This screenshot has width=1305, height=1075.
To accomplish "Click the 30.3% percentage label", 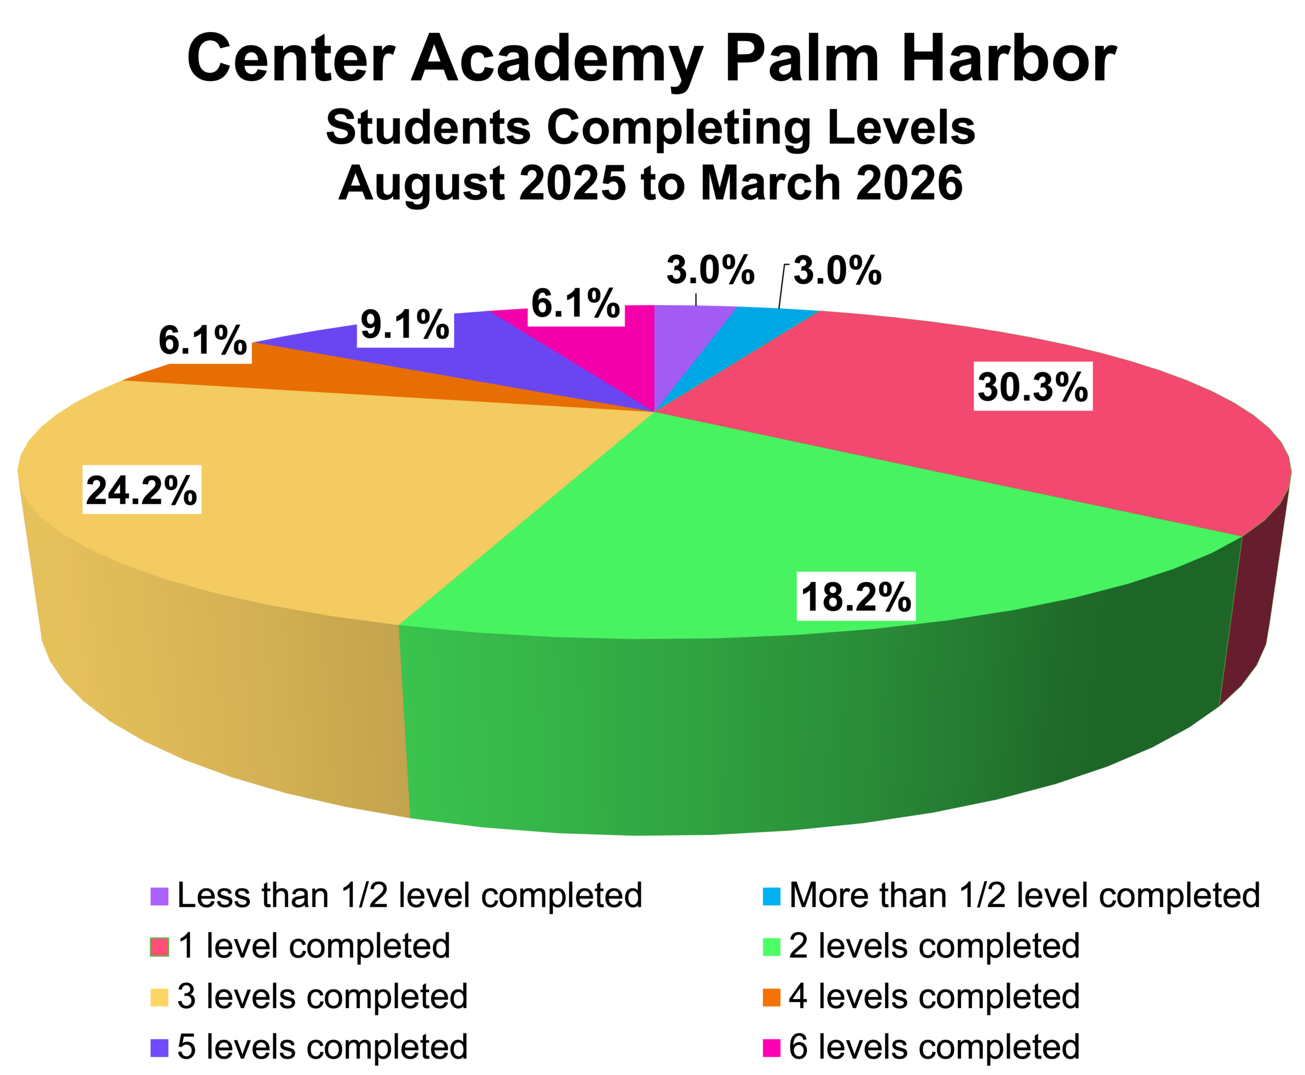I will click(1033, 387).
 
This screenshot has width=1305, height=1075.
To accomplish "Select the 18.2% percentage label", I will click(855, 596).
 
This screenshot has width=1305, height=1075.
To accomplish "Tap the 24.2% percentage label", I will click(142, 490).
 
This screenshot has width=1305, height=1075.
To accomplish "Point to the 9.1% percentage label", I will click(405, 323).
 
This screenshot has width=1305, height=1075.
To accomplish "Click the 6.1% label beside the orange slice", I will click(203, 339).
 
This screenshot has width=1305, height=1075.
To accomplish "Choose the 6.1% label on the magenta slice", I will click(575, 302).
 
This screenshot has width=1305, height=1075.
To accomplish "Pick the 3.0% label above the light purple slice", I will click(710, 269).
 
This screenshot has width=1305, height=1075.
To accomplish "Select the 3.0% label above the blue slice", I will click(838, 269).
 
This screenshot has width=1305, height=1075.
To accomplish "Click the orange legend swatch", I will click(771, 998).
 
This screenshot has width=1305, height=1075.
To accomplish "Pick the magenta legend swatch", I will click(771, 1048).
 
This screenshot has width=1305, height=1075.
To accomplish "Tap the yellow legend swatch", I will click(159, 998).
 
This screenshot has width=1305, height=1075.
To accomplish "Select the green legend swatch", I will click(771, 948).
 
